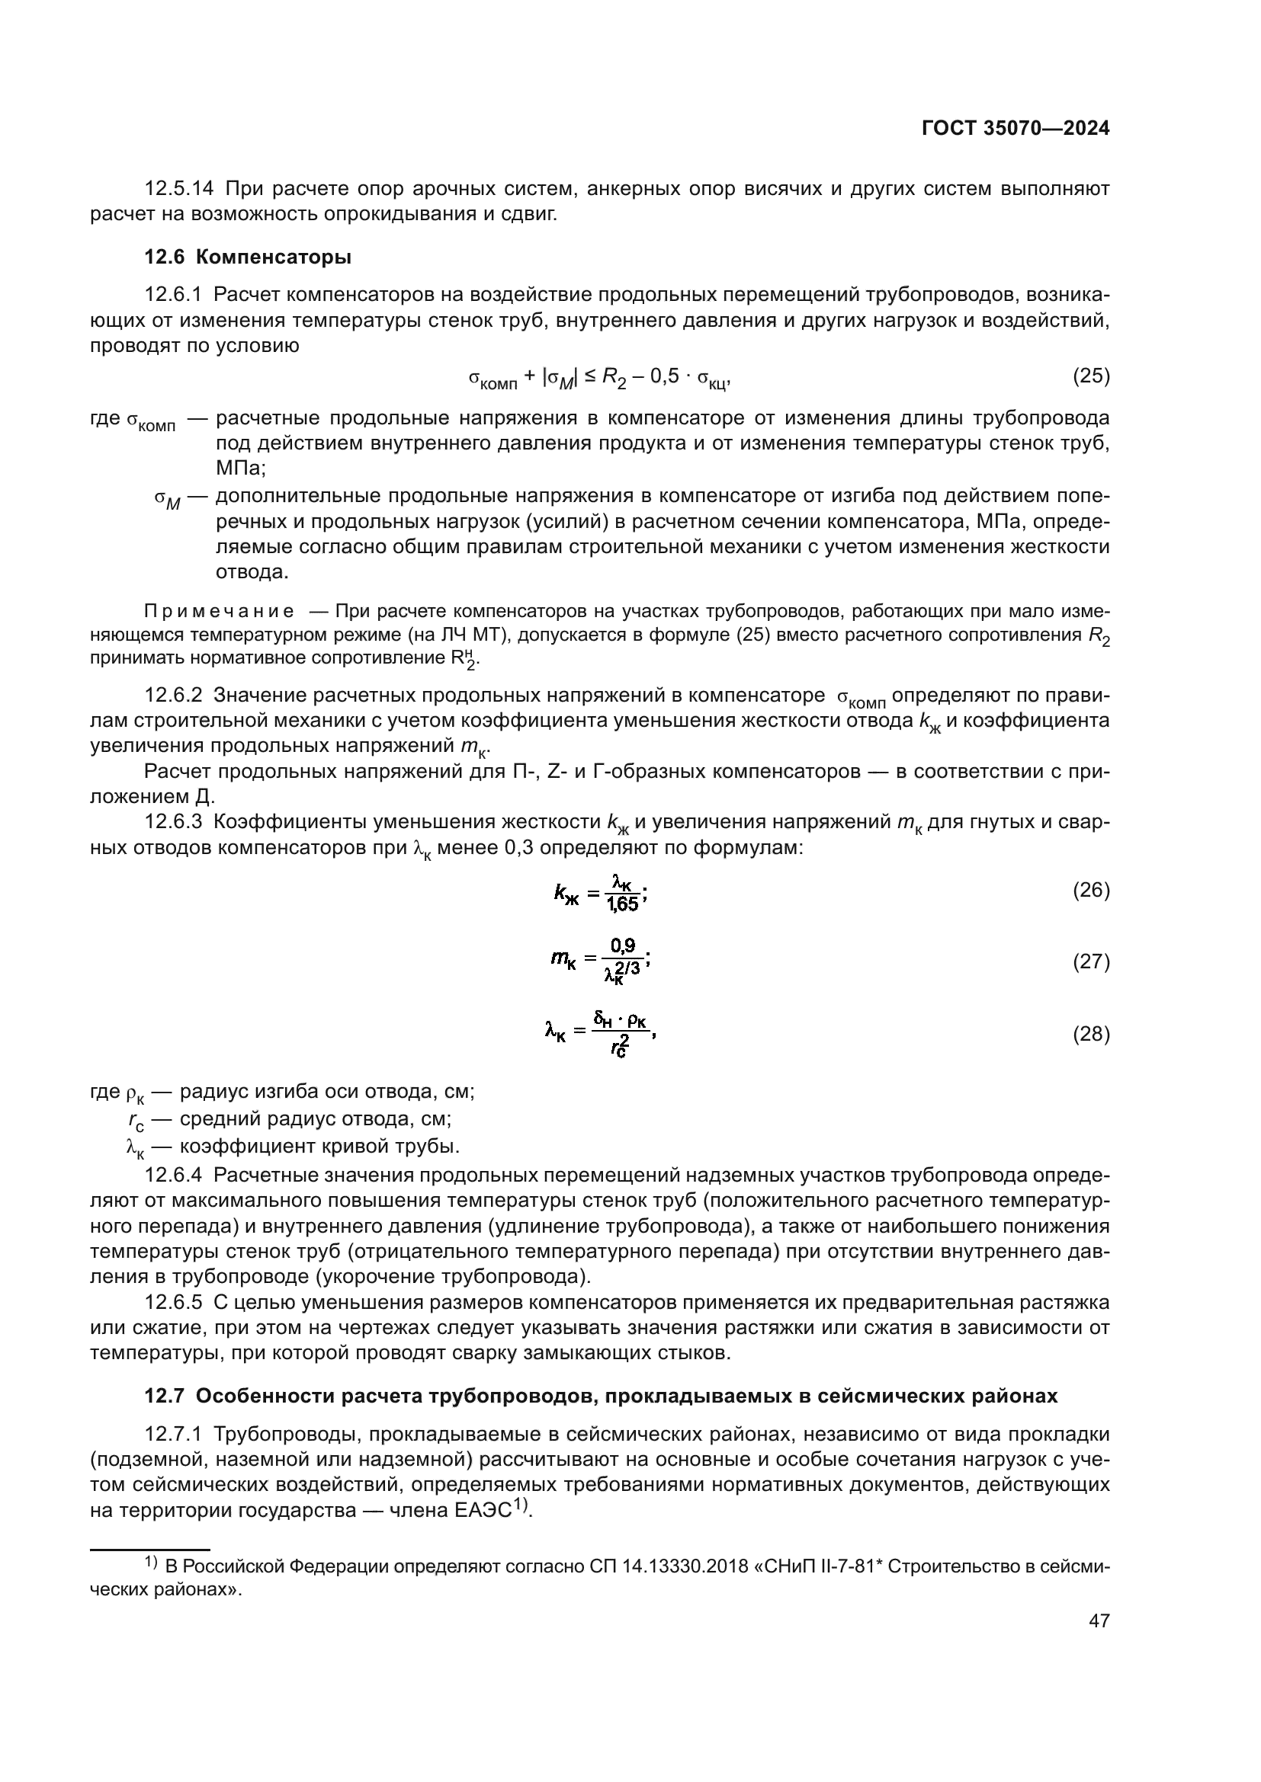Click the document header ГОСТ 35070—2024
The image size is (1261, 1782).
tap(1015, 130)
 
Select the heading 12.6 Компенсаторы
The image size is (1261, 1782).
tap(248, 257)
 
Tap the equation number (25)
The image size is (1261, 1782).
tap(1090, 376)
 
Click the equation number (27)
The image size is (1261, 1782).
tap(1090, 961)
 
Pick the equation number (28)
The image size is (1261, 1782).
tap(1090, 1034)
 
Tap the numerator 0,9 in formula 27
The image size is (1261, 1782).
tap(622, 945)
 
